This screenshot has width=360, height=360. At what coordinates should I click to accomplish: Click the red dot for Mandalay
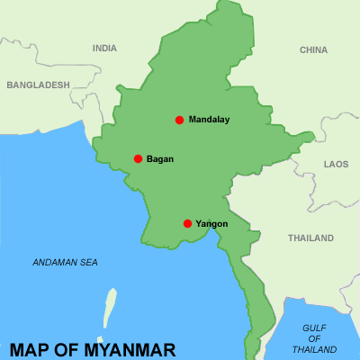[179, 120]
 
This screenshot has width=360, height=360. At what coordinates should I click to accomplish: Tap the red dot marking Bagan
[138, 158]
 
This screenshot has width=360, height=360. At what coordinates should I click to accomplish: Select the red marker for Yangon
[187, 223]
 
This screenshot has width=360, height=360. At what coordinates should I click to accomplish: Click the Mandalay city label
[210, 120]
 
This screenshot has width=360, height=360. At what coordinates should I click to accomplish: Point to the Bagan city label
[160, 159]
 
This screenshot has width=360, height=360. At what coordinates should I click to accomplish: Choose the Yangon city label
[211, 224]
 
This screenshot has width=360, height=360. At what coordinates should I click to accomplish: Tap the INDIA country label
[104, 49]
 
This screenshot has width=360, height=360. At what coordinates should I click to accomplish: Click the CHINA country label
[314, 49]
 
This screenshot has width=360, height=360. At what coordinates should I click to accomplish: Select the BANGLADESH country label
[38, 85]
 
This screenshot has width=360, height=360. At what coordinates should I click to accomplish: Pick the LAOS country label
[336, 165]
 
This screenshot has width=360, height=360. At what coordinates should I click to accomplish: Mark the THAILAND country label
[310, 238]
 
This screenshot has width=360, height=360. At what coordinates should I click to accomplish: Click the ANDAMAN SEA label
[65, 263]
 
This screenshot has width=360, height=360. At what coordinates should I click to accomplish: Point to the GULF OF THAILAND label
[314, 338]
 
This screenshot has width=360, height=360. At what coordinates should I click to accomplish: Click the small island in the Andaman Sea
[110, 307]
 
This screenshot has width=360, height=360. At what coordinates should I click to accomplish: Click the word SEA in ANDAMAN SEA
[88, 263]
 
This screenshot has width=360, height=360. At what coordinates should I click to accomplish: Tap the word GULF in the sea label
[315, 328]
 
